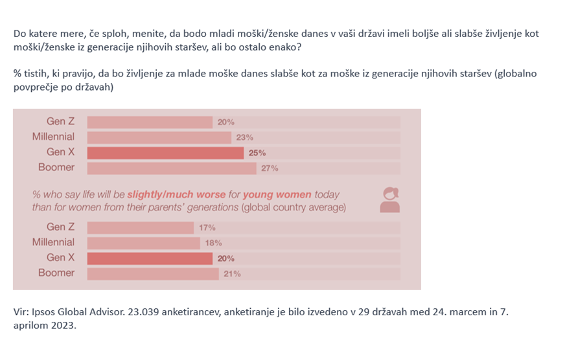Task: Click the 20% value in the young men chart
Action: click(x=225, y=122)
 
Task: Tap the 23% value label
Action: click(x=244, y=137)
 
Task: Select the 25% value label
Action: click(x=257, y=153)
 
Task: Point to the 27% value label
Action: click(x=270, y=168)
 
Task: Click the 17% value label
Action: click(x=207, y=228)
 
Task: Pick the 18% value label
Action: click(x=214, y=243)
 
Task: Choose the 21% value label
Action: click(x=232, y=274)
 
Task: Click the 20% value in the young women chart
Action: click(x=226, y=258)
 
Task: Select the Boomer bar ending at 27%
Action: click(x=172, y=168)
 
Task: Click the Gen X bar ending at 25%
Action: click(x=165, y=153)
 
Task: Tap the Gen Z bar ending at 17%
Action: click(x=141, y=227)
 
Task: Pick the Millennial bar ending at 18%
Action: click(x=144, y=243)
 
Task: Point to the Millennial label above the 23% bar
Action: click(x=53, y=137)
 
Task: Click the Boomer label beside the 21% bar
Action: click(x=56, y=273)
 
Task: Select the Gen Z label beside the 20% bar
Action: click(x=60, y=121)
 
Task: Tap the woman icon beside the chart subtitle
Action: click(x=390, y=200)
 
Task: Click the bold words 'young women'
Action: click(x=281, y=194)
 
